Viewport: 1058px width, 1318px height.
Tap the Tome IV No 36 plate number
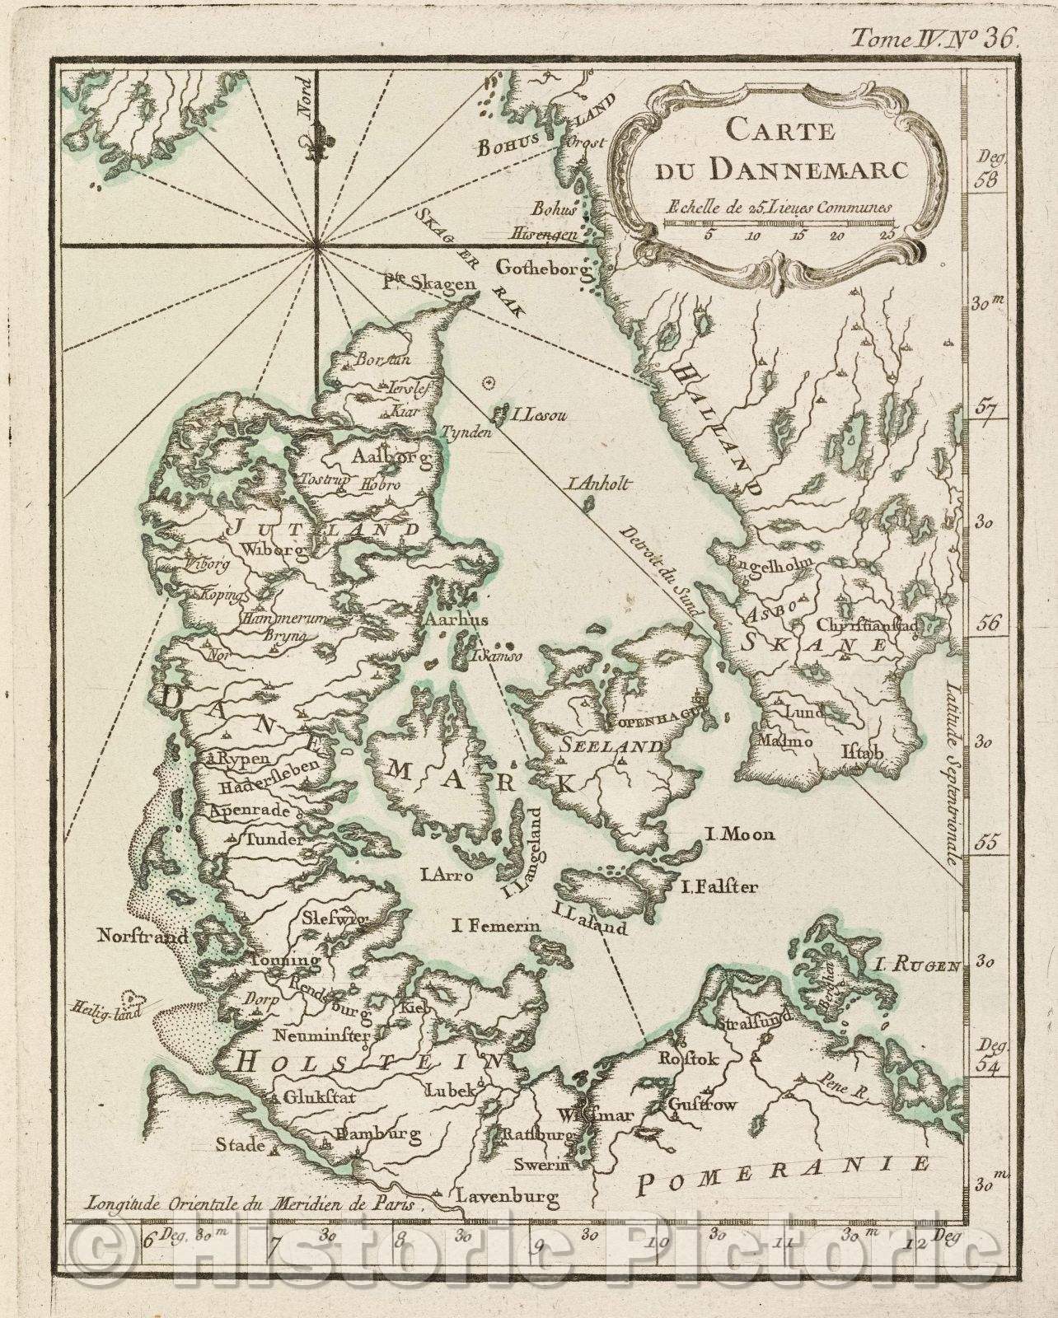coord(936,36)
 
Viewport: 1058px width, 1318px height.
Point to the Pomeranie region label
coord(784,1174)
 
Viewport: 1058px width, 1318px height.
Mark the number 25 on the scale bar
coord(887,234)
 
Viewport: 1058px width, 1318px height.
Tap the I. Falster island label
coord(719,887)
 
